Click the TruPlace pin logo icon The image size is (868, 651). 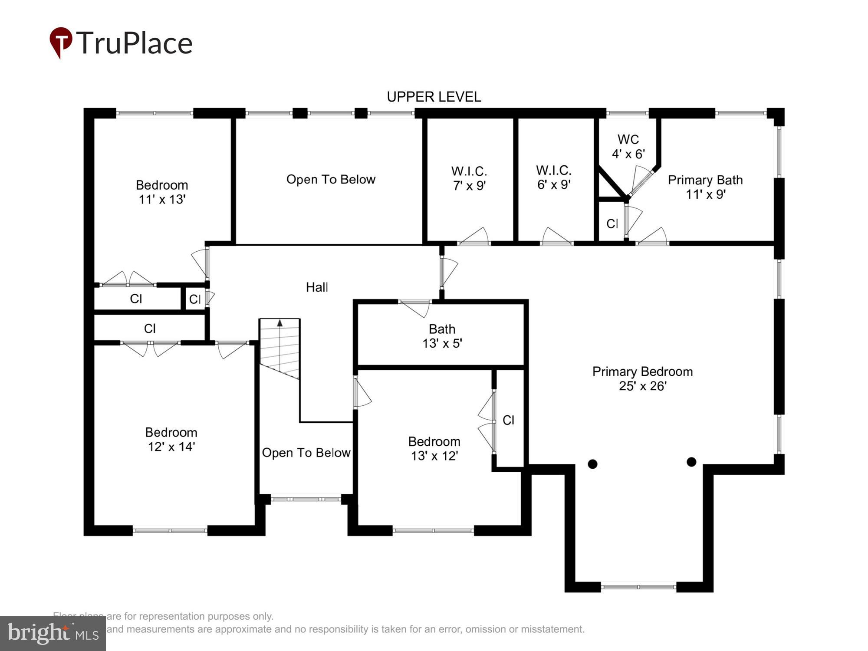tap(61, 42)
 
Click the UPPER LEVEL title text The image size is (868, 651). tap(434, 97)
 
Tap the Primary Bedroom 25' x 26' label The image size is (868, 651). tap(642, 378)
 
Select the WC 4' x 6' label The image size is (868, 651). tap(628, 146)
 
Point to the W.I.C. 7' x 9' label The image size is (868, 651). tap(469, 178)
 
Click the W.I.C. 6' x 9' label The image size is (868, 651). tap(553, 177)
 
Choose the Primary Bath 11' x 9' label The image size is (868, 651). tap(705, 187)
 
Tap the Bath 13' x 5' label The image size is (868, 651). tap(442, 336)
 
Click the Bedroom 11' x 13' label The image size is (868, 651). tap(162, 192)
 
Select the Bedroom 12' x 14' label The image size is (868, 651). tap(171, 439)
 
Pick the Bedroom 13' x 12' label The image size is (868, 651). tap(434, 448)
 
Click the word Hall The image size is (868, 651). tap(317, 287)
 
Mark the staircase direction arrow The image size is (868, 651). tap(280, 323)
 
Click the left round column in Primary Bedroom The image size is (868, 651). tap(592, 464)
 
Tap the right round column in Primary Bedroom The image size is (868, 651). tap(691, 462)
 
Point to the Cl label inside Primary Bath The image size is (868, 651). tap(612, 224)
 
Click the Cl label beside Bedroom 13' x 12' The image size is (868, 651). tap(508, 420)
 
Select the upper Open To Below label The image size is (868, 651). tap(331, 179)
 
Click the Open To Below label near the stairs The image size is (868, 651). tap(306, 453)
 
